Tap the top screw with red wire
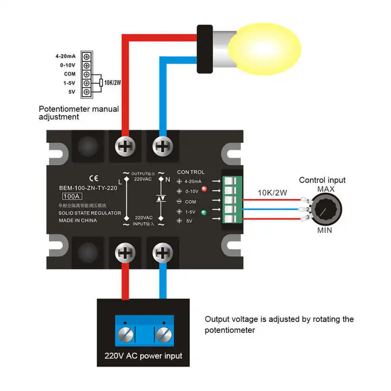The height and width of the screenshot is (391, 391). pos(125,146)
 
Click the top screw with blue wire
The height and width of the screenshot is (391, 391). pos(163,146)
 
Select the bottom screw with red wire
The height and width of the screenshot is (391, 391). pos(125,253)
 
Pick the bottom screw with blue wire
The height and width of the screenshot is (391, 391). pos(163,253)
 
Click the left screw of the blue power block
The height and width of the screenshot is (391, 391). pos(125,335)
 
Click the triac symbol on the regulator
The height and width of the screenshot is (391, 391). pos(161,198)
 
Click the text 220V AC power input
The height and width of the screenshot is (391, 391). pos(143,356)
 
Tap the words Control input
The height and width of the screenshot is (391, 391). pos(322,180)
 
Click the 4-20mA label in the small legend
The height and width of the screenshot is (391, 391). pos(66,56)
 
